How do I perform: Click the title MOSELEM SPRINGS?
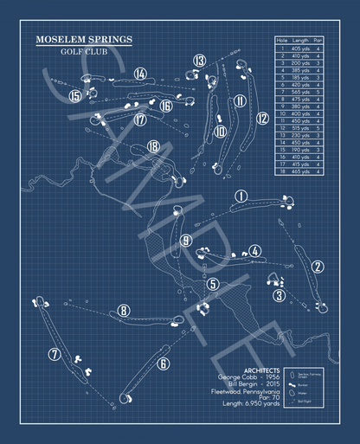point(84,39)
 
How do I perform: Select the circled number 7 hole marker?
point(55,353)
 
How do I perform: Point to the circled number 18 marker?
point(154,147)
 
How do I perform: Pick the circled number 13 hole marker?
point(200,61)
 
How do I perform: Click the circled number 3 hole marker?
point(280,295)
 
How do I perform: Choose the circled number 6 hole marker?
point(163,364)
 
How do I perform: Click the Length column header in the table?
point(299,40)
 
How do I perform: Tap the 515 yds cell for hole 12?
point(299,129)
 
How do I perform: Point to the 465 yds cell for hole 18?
point(299,171)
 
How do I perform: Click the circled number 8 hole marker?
point(125,311)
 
